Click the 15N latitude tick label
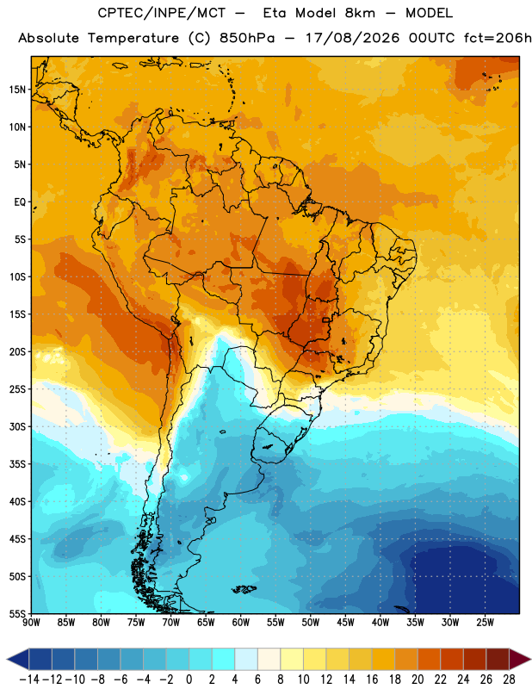17,90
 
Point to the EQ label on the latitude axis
20,202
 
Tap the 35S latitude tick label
17,464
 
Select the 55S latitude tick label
17,613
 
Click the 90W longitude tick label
31,623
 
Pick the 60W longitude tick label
241,623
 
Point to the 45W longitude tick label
345,623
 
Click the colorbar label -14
29,680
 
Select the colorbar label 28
509,680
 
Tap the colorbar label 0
189,680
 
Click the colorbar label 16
372,680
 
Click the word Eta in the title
275,13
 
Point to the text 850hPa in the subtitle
247,38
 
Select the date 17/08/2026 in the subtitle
352,38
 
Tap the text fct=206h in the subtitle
498,38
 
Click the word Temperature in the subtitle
133,39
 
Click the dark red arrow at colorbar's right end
520,660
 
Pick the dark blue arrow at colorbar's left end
17,660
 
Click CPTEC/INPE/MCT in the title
161,13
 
